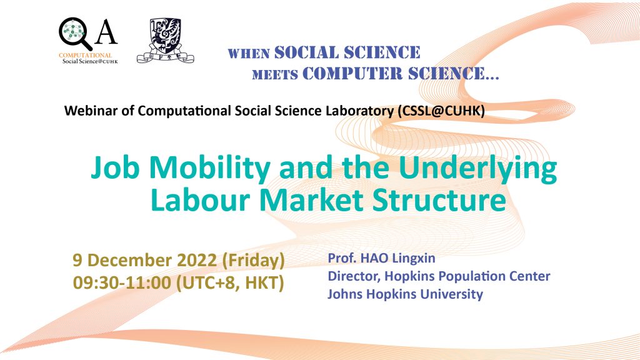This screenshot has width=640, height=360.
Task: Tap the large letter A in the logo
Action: tap(106, 32)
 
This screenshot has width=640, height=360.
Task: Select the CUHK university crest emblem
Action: tap(165, 41)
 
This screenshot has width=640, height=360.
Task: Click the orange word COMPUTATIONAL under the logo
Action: tap(85, 55)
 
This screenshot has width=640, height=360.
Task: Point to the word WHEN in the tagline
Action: tap(249, 54)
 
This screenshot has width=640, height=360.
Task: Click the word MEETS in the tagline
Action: tap(275, 75)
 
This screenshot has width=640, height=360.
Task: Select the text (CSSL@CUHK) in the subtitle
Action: tap(441, 111)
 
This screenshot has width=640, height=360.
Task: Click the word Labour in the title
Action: tap(200, 200)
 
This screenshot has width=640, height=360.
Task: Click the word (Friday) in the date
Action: tap(253, 261)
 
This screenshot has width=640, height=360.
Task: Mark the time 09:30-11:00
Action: tap(122, 282)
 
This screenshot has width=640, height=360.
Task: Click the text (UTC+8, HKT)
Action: tap(230, 283)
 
